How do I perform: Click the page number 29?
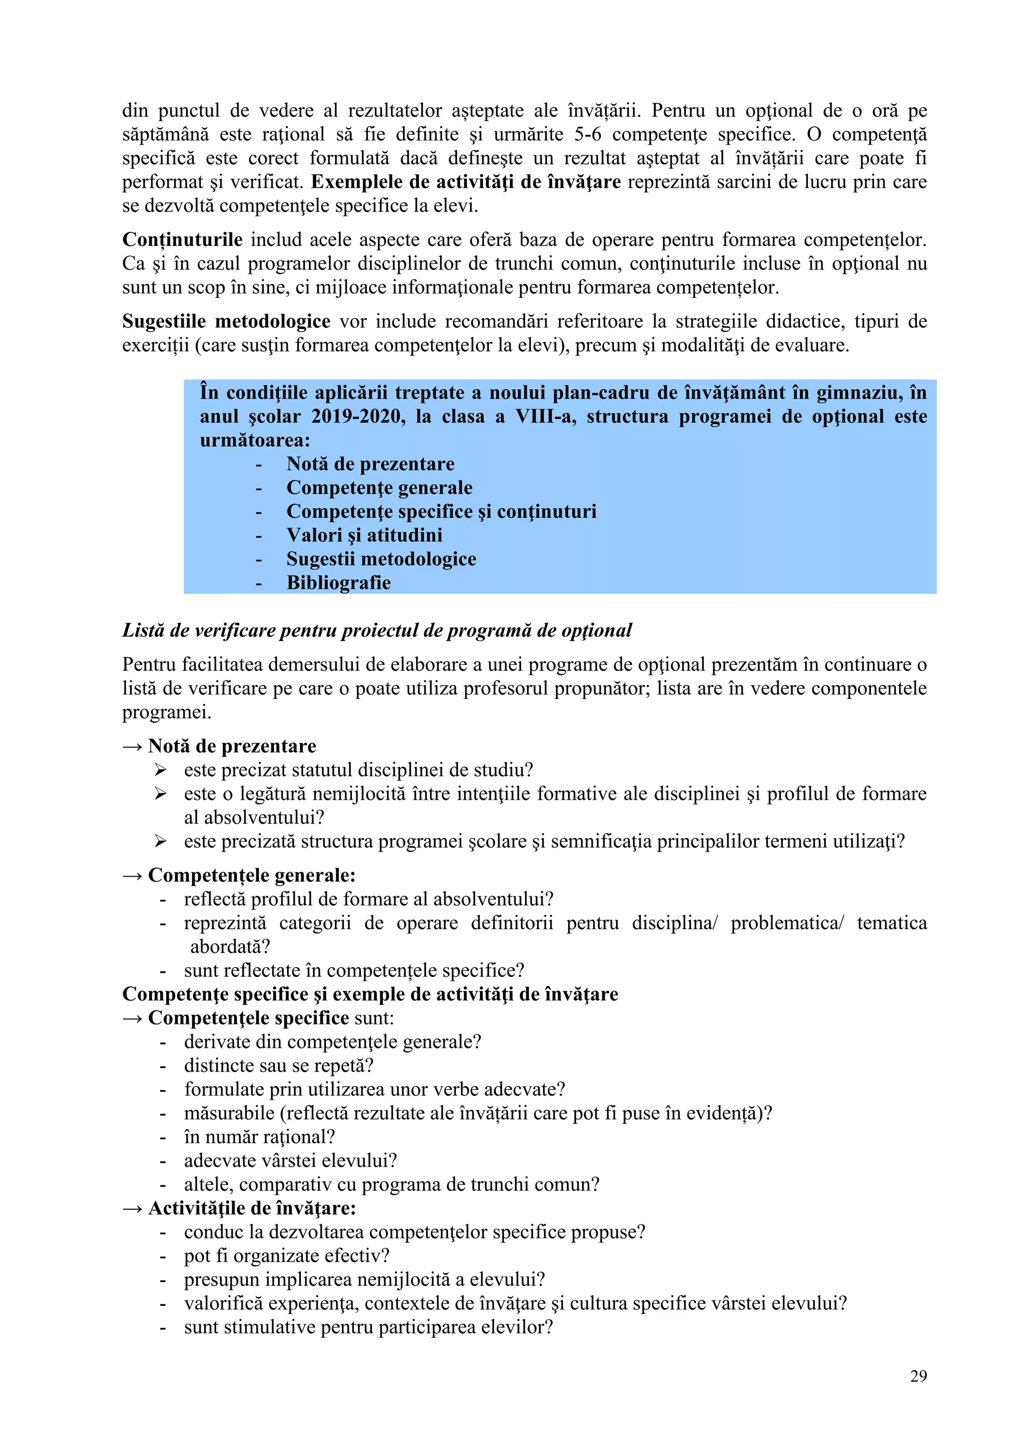[x=918, y=1376]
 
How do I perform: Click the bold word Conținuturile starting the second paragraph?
[x=182, y=240]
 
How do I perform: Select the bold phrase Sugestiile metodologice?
[x=226, y=321]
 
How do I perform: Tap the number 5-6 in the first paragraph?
[x=588, y=135]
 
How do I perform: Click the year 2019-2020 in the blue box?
[x=358, y=417]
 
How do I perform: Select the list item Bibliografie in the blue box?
[x=338, y=583]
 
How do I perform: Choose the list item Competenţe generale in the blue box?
[x=379, y=488]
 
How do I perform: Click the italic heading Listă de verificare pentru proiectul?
[x=377, y=630]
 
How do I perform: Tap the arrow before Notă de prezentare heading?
[x=132, y=747]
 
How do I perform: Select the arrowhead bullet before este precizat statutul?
[x=161, y=770]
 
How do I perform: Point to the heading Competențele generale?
[x=251, y=875]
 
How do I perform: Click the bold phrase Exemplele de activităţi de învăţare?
[x=466, y=182]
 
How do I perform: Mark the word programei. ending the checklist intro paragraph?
[x=167, y=712]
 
